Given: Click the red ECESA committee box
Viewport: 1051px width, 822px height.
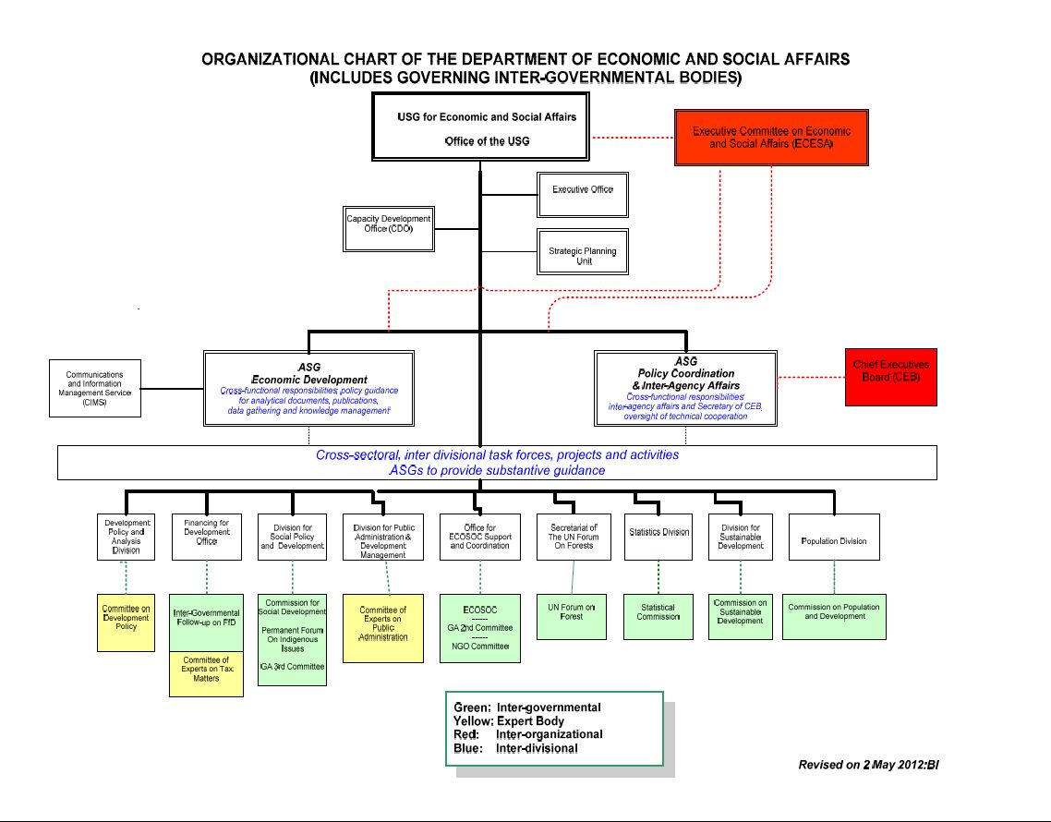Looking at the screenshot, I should tap(771, 138).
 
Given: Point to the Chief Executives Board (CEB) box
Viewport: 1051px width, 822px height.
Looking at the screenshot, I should tap(890, 377).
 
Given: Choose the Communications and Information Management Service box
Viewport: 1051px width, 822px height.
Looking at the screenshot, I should tap(94, 388).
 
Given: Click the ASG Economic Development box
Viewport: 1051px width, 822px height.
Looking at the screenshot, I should tap(308, 388).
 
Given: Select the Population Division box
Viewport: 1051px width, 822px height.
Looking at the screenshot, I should tap(833, 537).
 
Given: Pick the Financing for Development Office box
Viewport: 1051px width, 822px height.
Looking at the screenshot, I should tap(207, 537).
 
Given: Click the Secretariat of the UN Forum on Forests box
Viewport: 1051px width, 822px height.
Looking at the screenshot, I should tap(573, 537).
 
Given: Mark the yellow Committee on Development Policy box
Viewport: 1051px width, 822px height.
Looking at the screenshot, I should tap(126, 623).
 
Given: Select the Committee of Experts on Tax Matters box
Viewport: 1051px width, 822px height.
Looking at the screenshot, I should tap(206, 673).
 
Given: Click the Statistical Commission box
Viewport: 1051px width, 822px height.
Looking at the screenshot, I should tap(658, 616).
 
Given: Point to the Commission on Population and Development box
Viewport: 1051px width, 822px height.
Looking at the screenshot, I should tap(833, 616).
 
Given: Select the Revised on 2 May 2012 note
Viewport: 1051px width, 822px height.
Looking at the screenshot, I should tap(868, 765).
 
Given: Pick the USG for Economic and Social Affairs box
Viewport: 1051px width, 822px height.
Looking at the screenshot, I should tap(480, 128).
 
